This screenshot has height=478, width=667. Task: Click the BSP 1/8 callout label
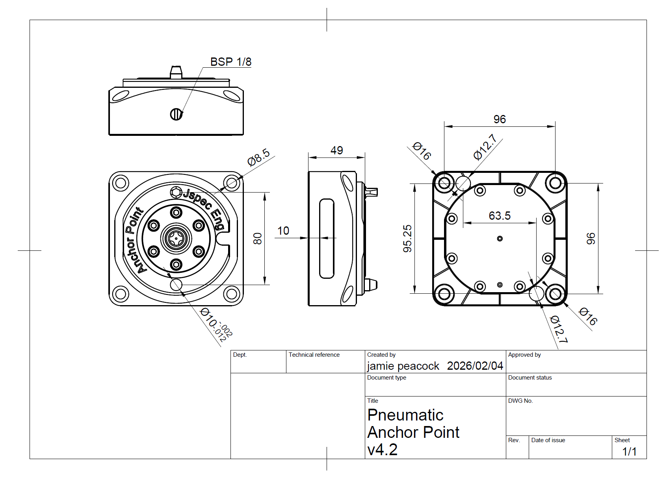tap(230, 62)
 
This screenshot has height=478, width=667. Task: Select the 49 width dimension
tap(336, 150)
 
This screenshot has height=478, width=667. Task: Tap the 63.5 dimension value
tap(499, 216)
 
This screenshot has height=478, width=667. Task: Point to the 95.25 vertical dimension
tap(407, 239)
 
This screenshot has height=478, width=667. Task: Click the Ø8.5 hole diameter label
tap(258, 157)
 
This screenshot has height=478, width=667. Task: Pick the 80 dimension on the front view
tap(257, 239)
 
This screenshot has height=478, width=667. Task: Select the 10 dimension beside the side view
tap(283, 231)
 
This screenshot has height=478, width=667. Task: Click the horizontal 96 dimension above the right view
tap(500, 119)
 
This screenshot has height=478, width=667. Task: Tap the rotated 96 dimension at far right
tap(591, 239)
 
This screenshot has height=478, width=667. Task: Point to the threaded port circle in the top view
tap(176, 114)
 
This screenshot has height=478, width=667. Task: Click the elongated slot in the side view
tap(327, 238)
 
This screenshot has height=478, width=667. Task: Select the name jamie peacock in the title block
tap(403, 366)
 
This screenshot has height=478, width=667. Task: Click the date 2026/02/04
tap(475, 366)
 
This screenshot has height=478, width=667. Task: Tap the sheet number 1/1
tap(629, 452)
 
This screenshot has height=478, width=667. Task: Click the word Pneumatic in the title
tap(405, 415)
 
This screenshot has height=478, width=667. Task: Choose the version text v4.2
tap(382, 450)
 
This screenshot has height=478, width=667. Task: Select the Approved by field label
tap(524, 355)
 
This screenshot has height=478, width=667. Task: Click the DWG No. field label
tap(520, 401)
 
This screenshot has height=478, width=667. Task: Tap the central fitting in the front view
tap(176, 238)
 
